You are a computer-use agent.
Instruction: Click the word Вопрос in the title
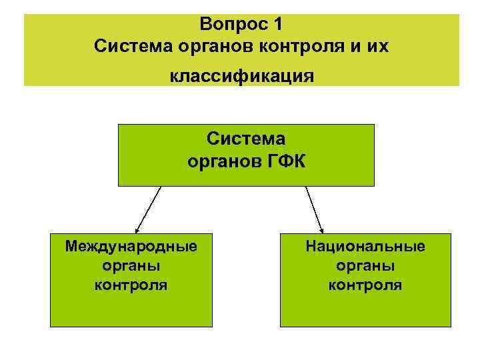pyautogui.click(x=233, y=25)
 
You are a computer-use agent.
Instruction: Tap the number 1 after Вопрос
pyautogui.click(x=278, y=25)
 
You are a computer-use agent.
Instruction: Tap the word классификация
pyautogui.click(x=241, y=76)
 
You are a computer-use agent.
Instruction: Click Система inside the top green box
pyautogui.click(x=246, y=139)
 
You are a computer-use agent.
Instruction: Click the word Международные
pyautogui.click(x=131, y=247)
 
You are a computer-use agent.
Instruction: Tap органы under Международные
pyautogui.click(x=131, y=265)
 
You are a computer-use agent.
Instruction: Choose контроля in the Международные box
pyautogui.click(x=131, y=285)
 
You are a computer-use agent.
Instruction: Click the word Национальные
pyautogui.click(x=365, y=247)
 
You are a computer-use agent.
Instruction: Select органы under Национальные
pyautogui.click(x=365, y=265)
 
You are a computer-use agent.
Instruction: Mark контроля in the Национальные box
pyautogui.click(x=365, y=285)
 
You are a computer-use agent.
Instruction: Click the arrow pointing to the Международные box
pyautogui.click(x=149, y=208)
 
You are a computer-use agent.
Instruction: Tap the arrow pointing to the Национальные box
pyautogui.click(x=314, y=208)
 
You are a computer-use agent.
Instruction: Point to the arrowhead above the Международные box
pyautogui.click(x=137, y=227)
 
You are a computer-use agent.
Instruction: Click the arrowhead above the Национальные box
pyautogui.click(x=321, y=227)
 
